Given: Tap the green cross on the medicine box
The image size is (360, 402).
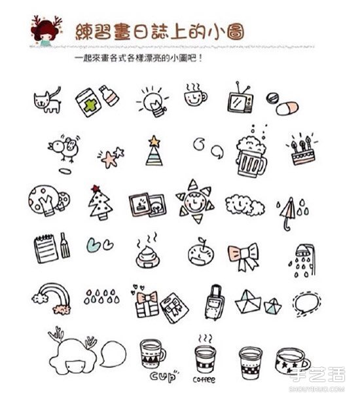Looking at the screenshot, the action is coord(90,105).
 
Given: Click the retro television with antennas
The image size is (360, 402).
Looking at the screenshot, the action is coord(240,99).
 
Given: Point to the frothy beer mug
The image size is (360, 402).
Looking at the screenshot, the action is coord(251,156).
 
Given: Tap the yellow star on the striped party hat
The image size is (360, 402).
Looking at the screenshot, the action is coord(154,141).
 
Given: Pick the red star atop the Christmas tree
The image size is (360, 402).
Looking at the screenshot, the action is coord(96,189).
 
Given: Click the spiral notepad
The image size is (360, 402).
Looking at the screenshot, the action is coord(46,249).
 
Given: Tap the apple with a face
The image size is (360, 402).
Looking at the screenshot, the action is coord(201,253).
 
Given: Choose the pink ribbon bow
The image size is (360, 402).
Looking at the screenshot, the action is coord(243,257).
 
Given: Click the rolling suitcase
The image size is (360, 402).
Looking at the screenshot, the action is coord(215,302).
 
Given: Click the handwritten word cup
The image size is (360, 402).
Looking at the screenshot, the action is coord(164,376).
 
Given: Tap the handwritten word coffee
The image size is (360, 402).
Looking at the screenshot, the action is coord(204,380).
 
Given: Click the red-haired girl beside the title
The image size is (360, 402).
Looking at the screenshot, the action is coord(46,31).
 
